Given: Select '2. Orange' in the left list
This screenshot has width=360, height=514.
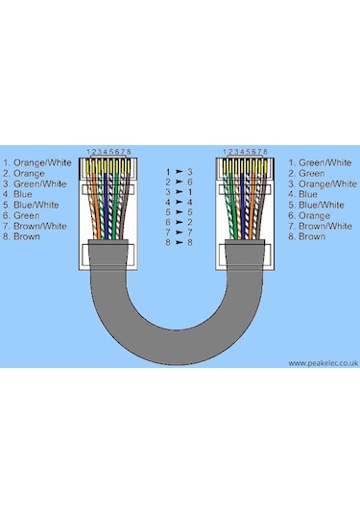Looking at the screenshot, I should click(23, 174).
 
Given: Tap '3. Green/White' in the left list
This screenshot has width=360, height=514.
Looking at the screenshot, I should click(33, 184).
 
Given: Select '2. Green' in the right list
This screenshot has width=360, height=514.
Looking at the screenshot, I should click(307, 174).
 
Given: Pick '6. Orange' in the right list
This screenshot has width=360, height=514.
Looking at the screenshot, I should click(309, 215).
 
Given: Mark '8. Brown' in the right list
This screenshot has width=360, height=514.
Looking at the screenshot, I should click(306, 236).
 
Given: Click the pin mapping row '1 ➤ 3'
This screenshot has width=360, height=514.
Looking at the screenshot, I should click(180, 171).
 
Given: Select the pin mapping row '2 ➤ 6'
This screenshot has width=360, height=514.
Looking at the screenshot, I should click(180, 182).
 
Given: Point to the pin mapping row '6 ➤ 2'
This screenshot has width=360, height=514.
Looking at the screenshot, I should click(180, 222).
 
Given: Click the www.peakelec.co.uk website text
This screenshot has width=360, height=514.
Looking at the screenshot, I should click(322, 363).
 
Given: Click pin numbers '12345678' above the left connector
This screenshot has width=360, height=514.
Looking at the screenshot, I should click(108, 153).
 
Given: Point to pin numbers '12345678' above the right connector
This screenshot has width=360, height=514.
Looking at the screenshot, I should click(244, 153).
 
